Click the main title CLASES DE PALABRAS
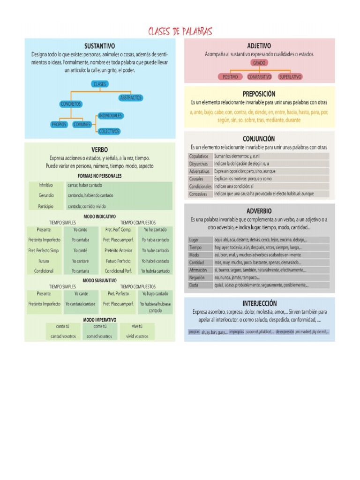coord(180,32)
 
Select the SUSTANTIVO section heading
coord(99,46)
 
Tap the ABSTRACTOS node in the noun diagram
coord(131,98)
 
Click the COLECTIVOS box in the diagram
coord(109,132)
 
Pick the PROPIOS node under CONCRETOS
coord(59,125)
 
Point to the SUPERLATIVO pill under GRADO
coord(290,76)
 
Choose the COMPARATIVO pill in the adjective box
coord(259,76)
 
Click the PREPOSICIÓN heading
coord(259,94)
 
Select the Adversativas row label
coord(199,171)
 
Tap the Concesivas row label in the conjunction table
coord(198,194)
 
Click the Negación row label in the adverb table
coord(197,277)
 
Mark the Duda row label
coord(194,285)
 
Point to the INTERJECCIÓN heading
coord(259,303)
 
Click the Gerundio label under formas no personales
coord(46,195)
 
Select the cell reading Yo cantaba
coord(80,240)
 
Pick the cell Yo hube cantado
coord(155,250)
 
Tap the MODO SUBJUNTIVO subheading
coord(99,280)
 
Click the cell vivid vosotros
coord(137,336)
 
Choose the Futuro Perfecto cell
coord(118,261)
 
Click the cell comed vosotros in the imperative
coord(99,336)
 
